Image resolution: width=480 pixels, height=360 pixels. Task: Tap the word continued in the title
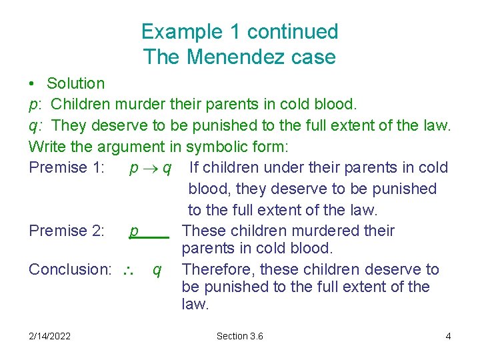293,31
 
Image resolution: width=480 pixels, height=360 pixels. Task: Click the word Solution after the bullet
76,83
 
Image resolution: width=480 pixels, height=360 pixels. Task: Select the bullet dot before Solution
32,84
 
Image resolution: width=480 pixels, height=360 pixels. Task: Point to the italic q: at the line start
35,125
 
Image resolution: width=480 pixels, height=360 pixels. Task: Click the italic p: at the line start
35,105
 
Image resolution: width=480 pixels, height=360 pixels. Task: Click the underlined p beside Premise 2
134,231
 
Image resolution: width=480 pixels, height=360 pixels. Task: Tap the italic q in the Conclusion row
156,270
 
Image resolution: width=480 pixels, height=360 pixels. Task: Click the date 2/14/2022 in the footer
50,336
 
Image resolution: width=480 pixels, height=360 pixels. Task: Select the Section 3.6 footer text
240,336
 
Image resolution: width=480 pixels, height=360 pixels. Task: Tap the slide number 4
448,336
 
